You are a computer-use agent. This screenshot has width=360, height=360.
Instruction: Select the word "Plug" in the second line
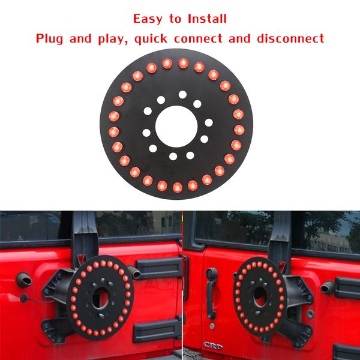pyautogui.click(x=51, y=39)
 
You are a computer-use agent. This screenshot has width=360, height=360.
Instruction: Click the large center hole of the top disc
pyautogui.click(x=178, y=125)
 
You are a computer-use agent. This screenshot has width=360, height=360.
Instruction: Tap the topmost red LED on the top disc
pyautogui.click(x=182, y=62)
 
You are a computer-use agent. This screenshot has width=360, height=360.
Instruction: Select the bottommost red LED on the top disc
pyautogui.click(x=177, y=188)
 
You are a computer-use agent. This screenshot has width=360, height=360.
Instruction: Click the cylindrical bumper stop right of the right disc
pyautogui.click(x=328, y=287)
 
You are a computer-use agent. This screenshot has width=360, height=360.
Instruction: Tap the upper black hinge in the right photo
pyautogui.click(x=347, y=287)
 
